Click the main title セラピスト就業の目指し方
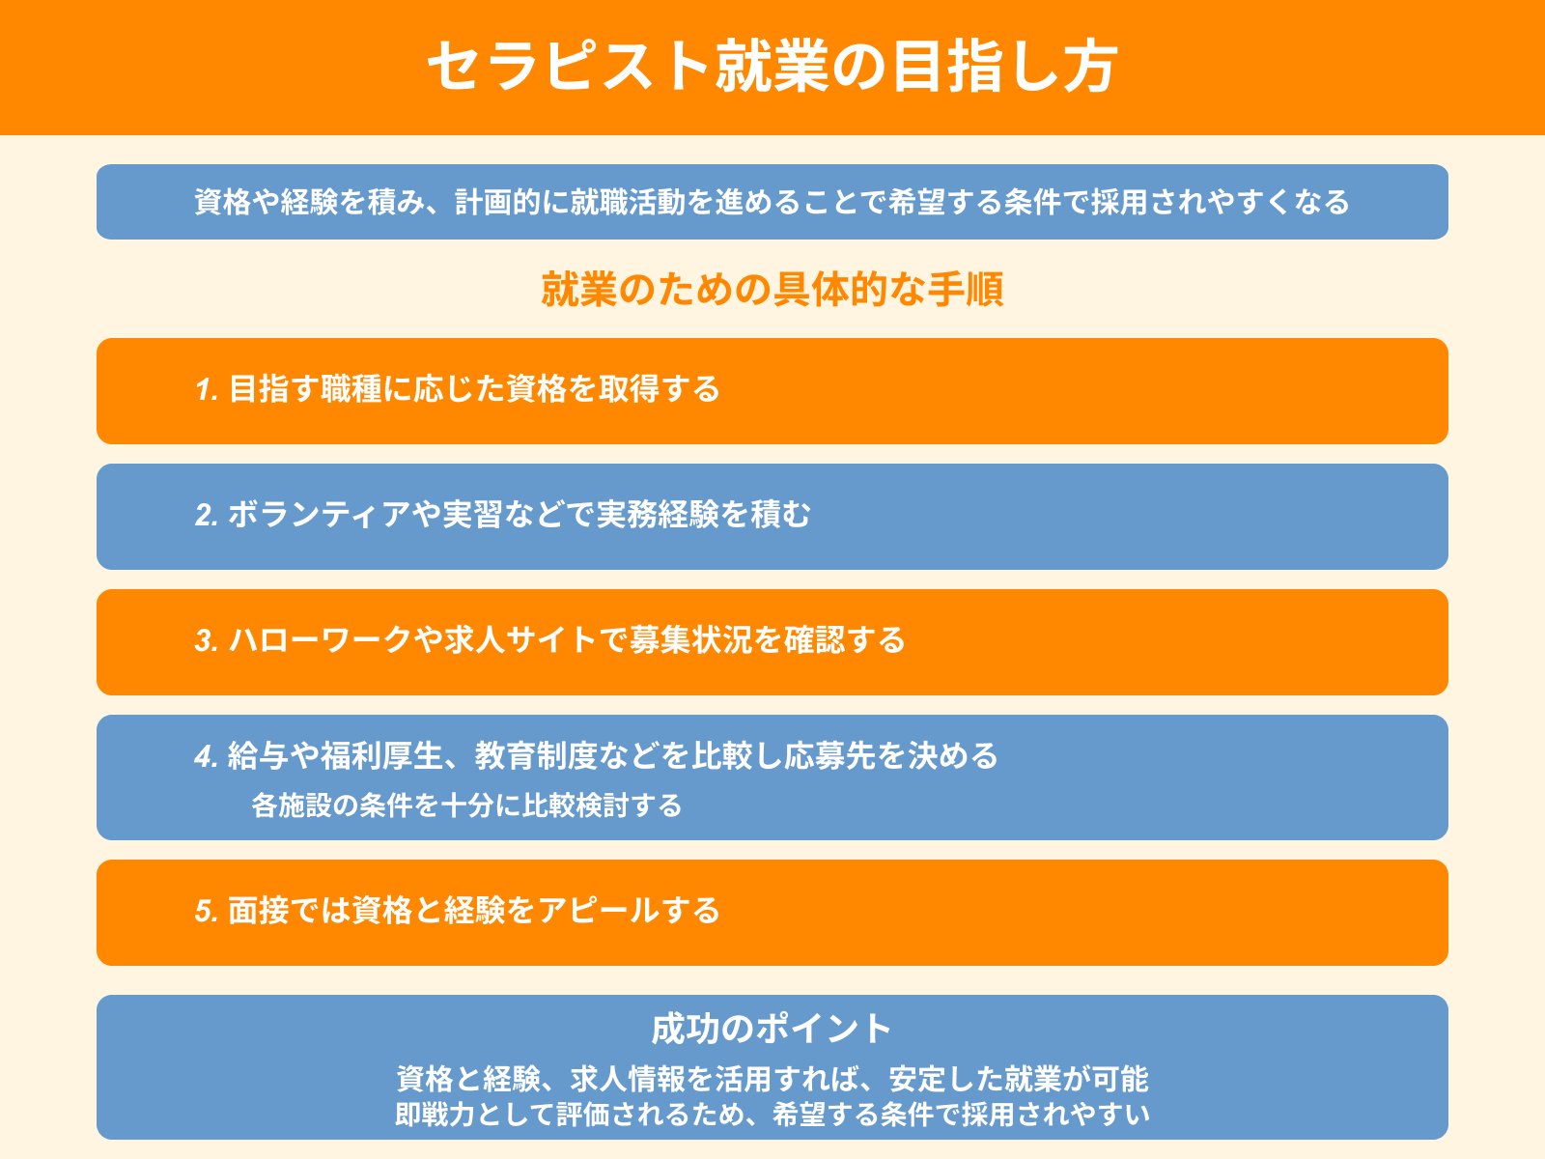(x=772, y=67)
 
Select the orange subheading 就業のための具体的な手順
(x=772, y=289)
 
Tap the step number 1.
(x=207, y=390)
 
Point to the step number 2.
(x=207, y=515)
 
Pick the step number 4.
(x=207, y=756)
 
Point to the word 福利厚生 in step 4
(x=382, y=756)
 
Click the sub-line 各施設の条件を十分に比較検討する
(x=466, y=806)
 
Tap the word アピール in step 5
(x=599, y=911)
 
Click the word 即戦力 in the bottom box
(x=435, y=1115)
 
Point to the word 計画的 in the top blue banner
(x=497, y=203)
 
